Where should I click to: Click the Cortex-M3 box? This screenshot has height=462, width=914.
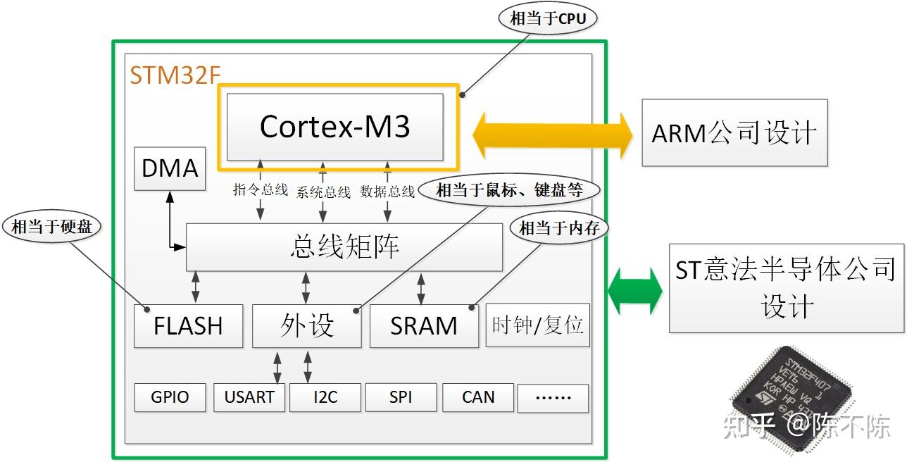[x=335, y=127]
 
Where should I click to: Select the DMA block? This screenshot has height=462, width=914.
[x=170, y=168]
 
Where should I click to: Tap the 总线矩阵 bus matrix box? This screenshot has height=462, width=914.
[x=344, y=246]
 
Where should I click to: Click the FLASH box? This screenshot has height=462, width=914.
[x=188, y=326]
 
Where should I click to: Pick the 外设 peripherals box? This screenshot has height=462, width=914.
[x=306, y=326]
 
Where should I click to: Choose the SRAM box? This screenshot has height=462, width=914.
[x=424, y=326]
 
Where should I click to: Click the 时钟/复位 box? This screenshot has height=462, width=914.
[x=537, y=325]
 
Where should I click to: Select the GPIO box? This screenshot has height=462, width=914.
[x=170, y=397]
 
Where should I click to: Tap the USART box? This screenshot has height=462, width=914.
[x=249, y=397]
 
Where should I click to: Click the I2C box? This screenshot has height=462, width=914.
[x=325, y=397]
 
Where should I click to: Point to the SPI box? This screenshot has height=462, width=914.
[x=401, y=397]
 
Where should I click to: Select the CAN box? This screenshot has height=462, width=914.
[x=478, y=397]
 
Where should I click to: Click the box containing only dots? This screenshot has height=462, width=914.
[x=553, y=397]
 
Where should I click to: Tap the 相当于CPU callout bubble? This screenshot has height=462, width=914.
[x=548, y=18]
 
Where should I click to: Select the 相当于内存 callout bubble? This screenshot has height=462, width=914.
[x=558, y=227]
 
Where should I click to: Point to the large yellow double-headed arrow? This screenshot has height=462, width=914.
[x=553, y=133]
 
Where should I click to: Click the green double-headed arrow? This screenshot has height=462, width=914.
[x=635, y=289]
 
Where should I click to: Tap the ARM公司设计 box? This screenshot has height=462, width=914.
[x=734, y=133]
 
